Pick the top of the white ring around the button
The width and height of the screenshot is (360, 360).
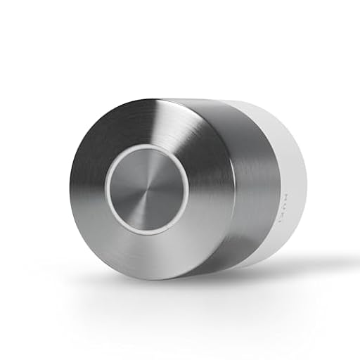coord(148,148)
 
